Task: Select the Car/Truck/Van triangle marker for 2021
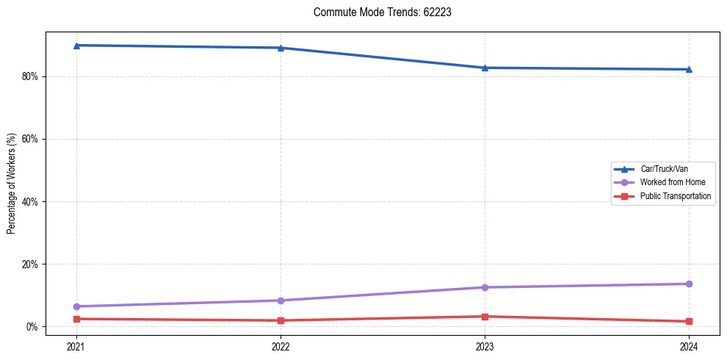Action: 76,46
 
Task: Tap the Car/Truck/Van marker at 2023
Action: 485,68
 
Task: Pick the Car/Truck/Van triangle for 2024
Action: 689,69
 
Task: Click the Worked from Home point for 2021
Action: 76,306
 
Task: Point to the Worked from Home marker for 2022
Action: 281,300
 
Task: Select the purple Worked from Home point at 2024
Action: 689,284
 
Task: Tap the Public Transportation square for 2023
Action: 485,317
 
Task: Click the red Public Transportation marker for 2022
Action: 281,320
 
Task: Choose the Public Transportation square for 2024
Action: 689,321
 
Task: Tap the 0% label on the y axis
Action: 32,326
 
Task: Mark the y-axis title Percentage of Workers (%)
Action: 11,184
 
